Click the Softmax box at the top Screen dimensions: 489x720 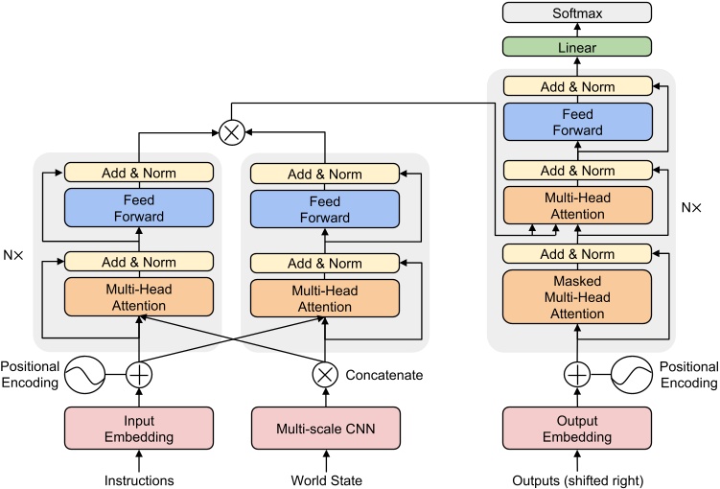coord(578,14)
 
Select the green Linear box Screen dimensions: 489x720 coord(578,46)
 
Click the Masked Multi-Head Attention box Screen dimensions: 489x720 coord(578,296)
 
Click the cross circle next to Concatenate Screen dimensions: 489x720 coord(325,373)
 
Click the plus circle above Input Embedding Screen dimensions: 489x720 coord(140,373)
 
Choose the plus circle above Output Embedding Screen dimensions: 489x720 coord(578,373)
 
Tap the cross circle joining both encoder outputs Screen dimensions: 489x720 coord(231,133)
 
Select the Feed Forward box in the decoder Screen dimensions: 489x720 coord(578,122)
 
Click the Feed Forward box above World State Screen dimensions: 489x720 coord(325,209)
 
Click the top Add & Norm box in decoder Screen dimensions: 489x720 coord(578,86)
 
